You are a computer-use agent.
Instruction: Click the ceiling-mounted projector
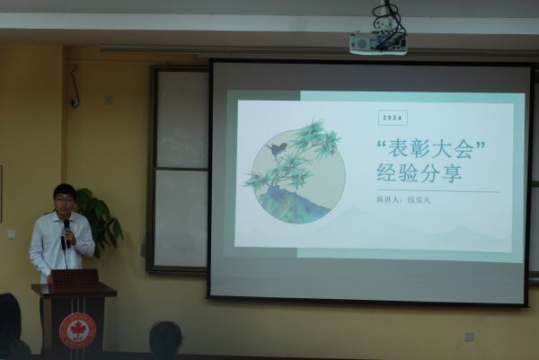pos(377,43)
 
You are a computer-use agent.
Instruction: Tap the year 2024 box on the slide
pos(393,118)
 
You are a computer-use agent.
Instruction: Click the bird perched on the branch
pos(278,148)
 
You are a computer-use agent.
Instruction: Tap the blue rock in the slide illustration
pos(293,206)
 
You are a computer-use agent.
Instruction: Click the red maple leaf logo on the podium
pos(77,329)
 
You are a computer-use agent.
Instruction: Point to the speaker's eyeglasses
pos(65,199)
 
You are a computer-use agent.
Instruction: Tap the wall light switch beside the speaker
pos(12,234)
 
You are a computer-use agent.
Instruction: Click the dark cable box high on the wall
pos(74,101)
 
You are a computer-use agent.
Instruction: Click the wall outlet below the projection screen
pos(469,338)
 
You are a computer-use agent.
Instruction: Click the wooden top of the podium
pos(74,289)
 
